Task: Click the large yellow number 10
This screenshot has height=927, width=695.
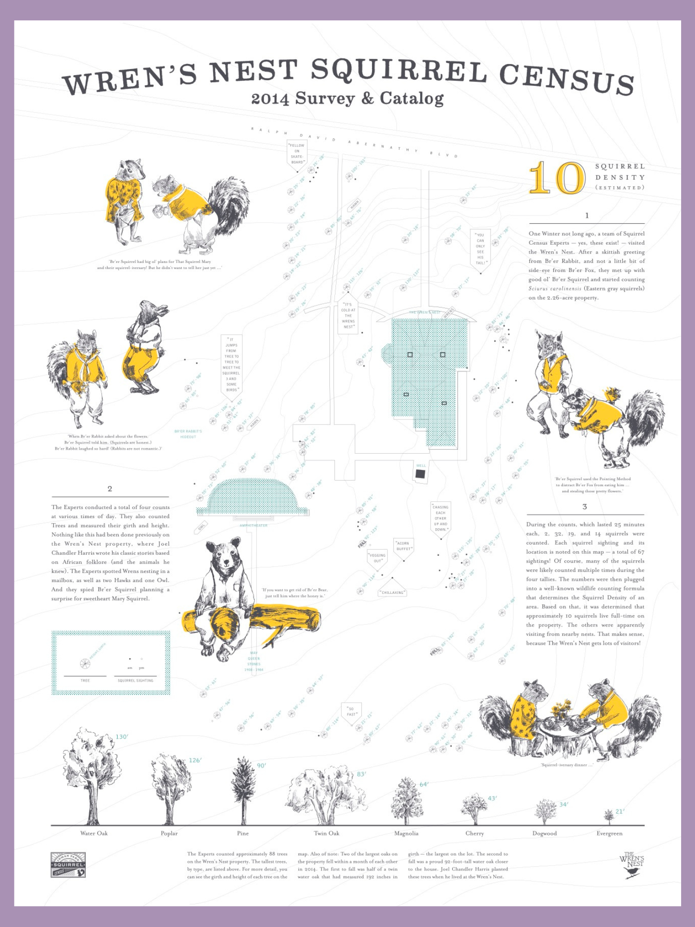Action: [557, 178]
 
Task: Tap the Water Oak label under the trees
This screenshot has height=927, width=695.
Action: [94, 833]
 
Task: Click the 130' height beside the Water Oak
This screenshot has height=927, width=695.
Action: [122, 737]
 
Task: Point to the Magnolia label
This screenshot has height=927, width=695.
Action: [406, 833]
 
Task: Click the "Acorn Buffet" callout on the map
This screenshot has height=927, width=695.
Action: [403, 546]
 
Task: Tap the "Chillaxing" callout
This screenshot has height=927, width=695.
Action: [392, 592]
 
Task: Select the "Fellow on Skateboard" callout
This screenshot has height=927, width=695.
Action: [297, 153]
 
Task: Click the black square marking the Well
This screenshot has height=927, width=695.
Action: [420, 474]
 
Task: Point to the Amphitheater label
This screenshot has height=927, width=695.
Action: [253, 525]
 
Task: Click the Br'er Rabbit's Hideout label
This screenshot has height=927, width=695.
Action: [188, 434]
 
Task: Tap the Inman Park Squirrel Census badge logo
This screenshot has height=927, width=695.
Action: [68, 864]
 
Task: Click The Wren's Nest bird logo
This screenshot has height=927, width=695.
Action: [632, 865]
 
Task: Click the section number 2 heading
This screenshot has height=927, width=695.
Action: [110, 489]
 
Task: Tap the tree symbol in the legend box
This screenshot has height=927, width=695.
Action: [85, 664]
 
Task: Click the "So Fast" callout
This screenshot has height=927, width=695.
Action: [351, 711]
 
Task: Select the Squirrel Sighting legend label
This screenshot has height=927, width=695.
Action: [135, 680]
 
